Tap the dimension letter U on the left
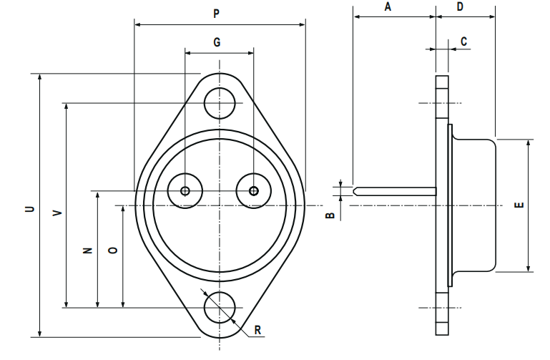[30, 209]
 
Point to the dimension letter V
[57, 213]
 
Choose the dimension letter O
[112, 250]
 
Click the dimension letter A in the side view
[388, 6]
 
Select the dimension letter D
[460, 6]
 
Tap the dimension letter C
[463, 42]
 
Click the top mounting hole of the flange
[220, 103]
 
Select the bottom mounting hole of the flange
[220, 308]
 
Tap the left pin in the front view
[185, 190]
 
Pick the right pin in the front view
[253, 190]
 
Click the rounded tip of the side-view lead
[355, 191]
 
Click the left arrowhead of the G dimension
[188, 52]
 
